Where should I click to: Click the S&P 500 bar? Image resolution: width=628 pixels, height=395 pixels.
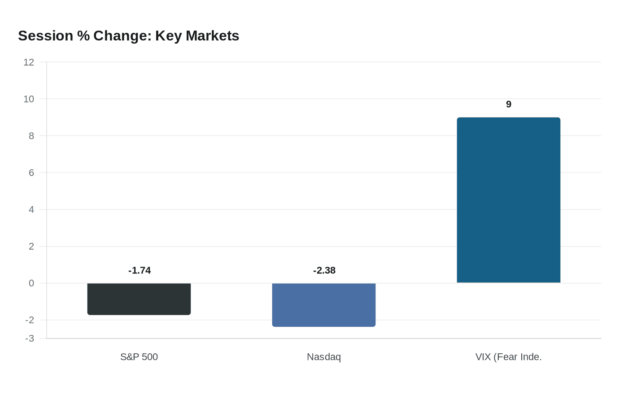point(139,299)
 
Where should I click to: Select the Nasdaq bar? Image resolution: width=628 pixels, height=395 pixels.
point(324,305)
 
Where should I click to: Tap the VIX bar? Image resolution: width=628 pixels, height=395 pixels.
point(508,200)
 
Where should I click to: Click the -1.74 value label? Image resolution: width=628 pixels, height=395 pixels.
point(140,270)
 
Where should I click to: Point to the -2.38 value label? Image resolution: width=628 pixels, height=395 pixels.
point(324,270)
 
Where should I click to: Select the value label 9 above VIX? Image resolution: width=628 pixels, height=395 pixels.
point(509,104)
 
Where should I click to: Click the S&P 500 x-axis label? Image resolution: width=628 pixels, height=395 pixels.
point(139,357)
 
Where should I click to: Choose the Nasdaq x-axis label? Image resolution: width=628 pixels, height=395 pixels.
point(324,357)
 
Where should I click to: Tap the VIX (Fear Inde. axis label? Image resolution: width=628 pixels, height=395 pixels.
point(508,357)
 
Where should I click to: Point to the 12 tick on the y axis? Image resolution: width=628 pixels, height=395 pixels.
point(29,62)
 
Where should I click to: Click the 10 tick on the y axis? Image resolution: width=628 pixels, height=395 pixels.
point(29,99)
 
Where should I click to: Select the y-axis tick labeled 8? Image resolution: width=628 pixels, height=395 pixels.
point(31,136)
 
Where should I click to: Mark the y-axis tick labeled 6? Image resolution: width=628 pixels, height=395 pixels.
point(31,173)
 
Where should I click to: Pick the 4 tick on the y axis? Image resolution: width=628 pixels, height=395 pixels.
point(31,210)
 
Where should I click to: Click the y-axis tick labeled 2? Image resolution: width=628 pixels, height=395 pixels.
point(31,246)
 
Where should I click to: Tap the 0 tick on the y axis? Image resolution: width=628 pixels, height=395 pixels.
point(31,283)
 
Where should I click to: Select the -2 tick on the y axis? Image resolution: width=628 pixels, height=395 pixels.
point(30,320)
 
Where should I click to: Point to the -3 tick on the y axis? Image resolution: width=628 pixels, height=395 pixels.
point(30,338)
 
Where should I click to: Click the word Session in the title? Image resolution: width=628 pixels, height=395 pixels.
point(46,35)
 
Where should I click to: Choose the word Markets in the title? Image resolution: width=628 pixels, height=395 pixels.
point(212,35)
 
